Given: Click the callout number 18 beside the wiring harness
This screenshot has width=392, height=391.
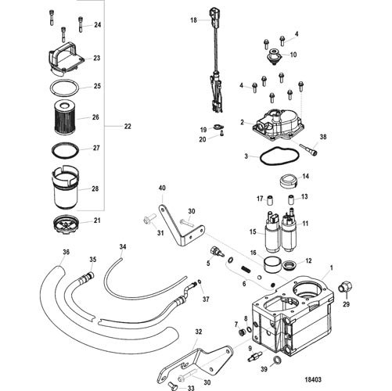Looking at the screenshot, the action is pos(193,20).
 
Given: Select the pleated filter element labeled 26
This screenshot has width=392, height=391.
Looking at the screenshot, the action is pos(64,118).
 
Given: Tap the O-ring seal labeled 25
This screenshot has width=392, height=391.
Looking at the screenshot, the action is pos(64,88).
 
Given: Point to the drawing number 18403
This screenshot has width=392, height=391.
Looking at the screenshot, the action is pos(313,379).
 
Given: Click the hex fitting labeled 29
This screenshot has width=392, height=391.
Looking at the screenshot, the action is pos(346,288).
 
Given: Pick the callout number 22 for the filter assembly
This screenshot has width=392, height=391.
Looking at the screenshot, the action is pos(128,127).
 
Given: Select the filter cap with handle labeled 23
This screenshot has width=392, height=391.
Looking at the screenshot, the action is pos(66,59).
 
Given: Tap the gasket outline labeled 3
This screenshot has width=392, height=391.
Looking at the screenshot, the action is pos(280,156).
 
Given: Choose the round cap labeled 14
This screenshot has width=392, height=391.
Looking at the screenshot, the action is pos(288,181).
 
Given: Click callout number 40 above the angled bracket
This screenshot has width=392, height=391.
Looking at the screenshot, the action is pos(162,188).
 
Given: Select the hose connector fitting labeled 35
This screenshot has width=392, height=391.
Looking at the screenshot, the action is pos(87,277).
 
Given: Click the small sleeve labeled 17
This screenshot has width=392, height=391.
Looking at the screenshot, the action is pos(270,199).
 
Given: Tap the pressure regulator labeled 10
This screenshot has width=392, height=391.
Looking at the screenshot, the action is pos(274,56).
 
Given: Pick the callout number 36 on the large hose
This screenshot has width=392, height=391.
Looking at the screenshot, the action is pos(67,253).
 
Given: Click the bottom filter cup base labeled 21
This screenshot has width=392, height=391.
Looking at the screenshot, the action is pos(65,224).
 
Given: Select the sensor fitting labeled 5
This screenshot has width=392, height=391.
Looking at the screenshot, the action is pos(217,252).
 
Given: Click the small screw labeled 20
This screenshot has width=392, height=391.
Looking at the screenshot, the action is pos(221,134).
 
